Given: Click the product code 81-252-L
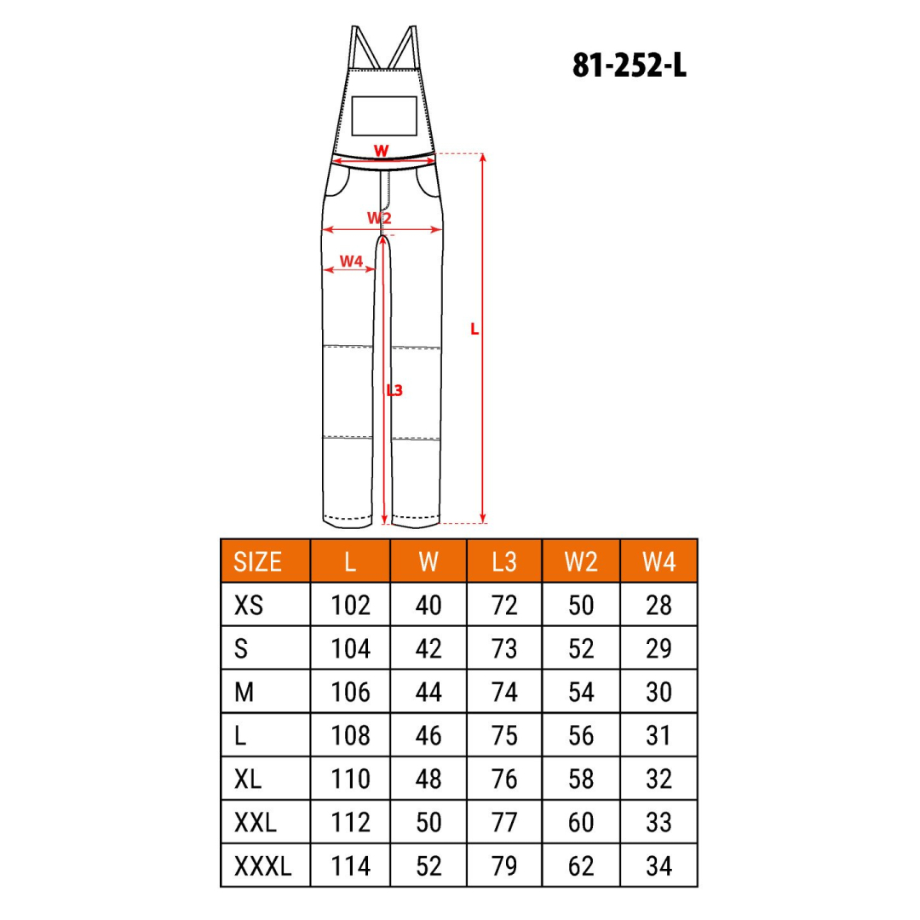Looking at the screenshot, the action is click(630, 65).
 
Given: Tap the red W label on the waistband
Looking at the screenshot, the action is click(381, 151).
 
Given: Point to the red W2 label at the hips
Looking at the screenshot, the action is click(379, 218).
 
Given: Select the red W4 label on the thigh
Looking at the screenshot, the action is click(351, 262).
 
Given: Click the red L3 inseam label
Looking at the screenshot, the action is click(394, 390).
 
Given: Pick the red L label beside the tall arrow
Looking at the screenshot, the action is click(474, 330).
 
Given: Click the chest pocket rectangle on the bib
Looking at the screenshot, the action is click(383, 116).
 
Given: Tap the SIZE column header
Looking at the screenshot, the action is click(257, 561).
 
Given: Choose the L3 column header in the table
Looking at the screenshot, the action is click(504, 561).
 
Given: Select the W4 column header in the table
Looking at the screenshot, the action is click(658, 561).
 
